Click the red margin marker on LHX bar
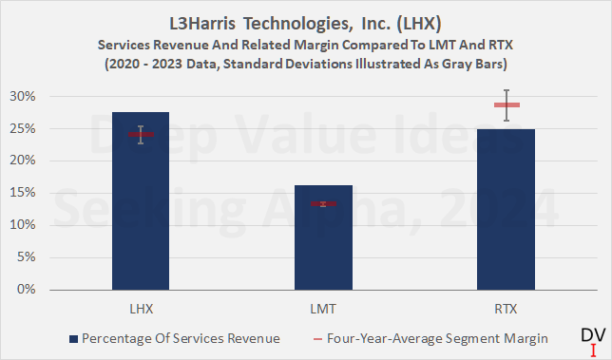point(141,135)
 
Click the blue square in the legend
point(73,338)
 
